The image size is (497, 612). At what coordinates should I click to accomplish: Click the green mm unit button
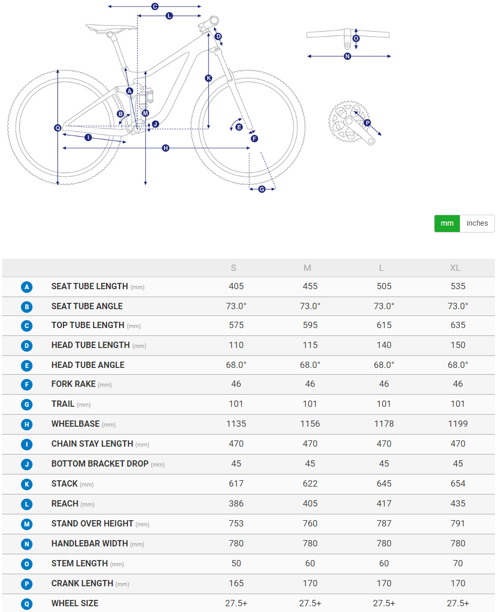point(447,223)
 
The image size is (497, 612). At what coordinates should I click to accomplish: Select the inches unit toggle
point(477,223)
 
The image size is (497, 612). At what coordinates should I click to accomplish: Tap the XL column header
point(455,268)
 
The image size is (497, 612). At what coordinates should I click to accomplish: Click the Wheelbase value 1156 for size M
point(310,424)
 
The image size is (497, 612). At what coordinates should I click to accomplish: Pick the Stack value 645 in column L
point(384,483)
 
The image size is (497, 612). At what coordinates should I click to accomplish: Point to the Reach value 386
point(236,503)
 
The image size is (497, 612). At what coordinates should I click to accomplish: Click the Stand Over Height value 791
point(458,523)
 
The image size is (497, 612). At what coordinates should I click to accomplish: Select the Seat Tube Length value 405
point(236,286)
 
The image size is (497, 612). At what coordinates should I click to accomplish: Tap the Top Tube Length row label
point(88,325)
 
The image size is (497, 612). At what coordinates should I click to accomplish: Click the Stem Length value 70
point(458,563)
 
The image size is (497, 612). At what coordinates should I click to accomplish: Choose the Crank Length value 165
point(236,583)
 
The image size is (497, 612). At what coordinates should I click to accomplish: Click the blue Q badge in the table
point(27,604)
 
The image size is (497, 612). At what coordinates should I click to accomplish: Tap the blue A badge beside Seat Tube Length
point(27,287)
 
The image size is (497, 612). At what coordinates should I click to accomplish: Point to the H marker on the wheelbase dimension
point(166,148)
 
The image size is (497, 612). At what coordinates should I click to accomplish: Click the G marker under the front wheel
point(262,189)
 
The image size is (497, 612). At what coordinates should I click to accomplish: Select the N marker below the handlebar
point(347,56)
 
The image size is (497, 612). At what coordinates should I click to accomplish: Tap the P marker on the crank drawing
point(367,123)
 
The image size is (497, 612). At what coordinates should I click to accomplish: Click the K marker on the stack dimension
point(208,78)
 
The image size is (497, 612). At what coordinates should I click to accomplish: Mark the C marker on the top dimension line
point(155,6)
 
